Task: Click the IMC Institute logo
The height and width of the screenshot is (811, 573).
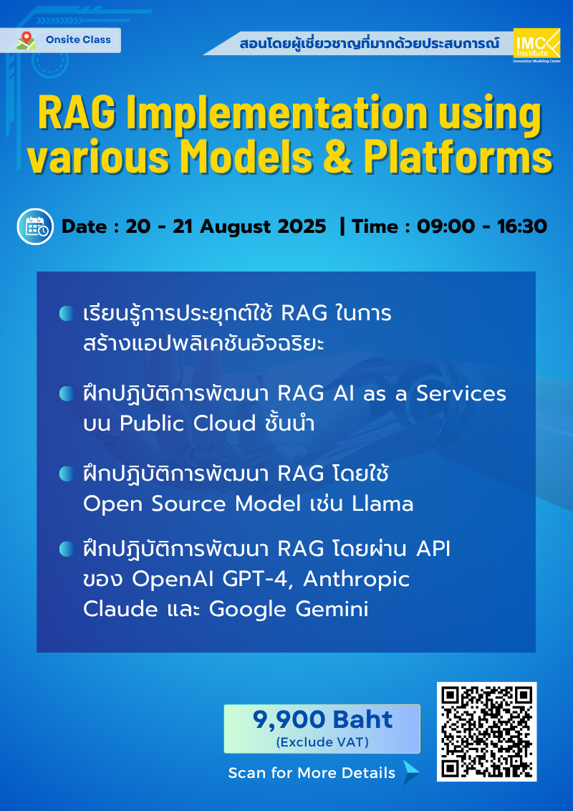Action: click(x=537, y=46)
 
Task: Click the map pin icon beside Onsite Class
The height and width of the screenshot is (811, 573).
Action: click(x=27, y=40)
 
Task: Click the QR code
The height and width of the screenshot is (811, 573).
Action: click(x=487, y=731)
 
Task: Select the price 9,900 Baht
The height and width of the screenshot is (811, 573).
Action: click(x=322, y=719)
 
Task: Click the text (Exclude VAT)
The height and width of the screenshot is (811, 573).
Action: click(x=322, y=743)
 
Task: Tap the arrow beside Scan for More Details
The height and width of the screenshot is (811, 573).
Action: click(x=410, y=772)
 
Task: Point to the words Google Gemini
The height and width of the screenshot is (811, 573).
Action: click(x=289, y=609)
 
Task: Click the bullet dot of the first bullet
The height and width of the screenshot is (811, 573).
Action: click(x=66, y=312)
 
